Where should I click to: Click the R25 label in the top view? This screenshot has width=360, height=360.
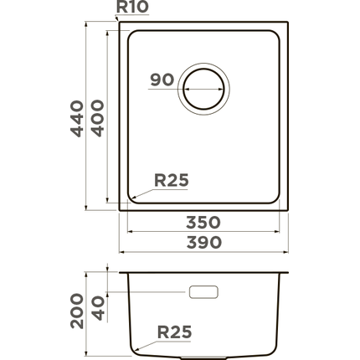172,179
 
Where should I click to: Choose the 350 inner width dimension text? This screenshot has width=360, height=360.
203,223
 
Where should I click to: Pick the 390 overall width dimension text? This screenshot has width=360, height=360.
203,242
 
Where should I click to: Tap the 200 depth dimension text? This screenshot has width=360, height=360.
77,311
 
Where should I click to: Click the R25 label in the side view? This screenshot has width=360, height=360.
174,332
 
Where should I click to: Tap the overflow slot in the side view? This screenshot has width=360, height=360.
203,292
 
